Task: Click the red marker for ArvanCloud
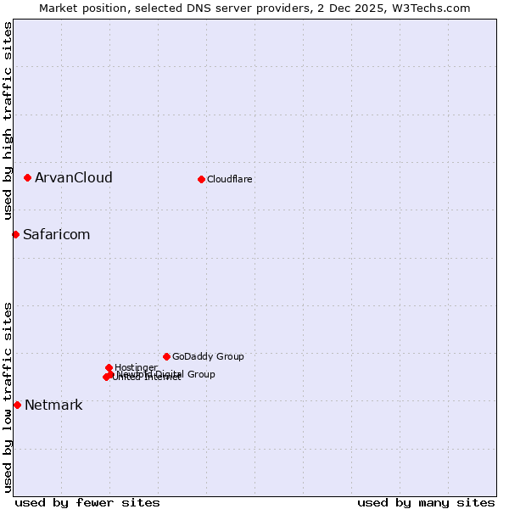click(28, 177)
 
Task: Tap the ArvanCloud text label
click(74, 177)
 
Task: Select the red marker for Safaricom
click(15, 234)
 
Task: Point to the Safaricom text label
click(56, 234)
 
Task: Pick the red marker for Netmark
click(17, 405)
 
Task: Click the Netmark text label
click(53, 405)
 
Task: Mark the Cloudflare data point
click(201, 179)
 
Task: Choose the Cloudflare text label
click(230, 179)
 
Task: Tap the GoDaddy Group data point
click(166, 356)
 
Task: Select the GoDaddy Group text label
click(208, 356)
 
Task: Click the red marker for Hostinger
click(109, 367)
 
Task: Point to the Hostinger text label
click(136, 367)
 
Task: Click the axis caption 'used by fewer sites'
click(87, 502)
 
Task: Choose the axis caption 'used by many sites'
click(426, 502)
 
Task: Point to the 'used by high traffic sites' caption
click(8, 121)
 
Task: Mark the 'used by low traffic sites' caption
click(8, 397)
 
